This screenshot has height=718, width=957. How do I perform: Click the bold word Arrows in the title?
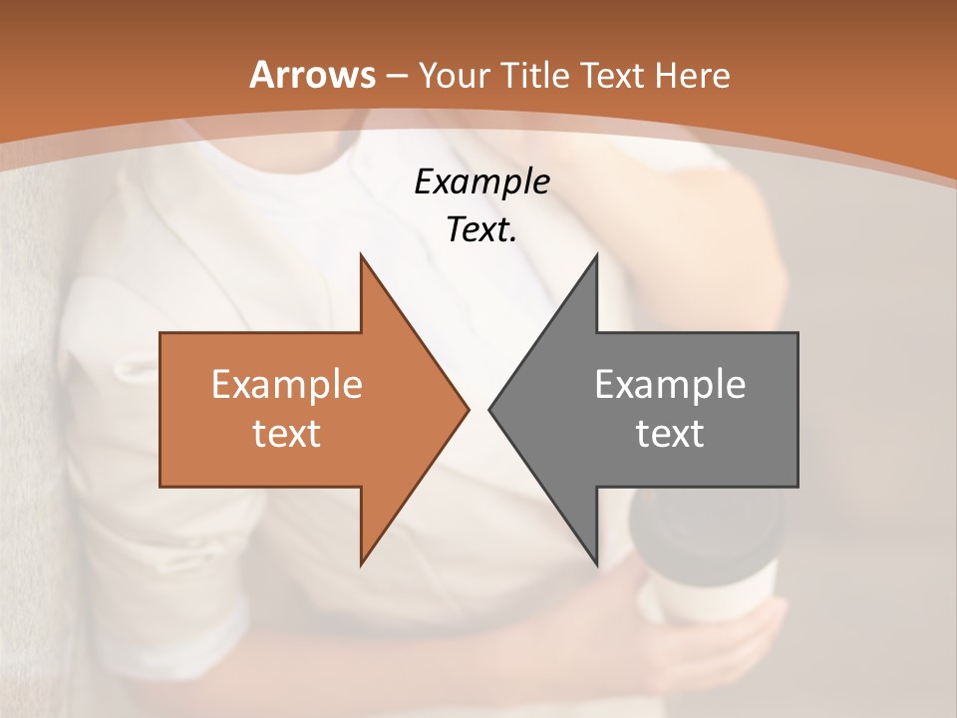tap(311, 76)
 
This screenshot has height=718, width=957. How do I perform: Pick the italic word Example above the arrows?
tap(481, 181)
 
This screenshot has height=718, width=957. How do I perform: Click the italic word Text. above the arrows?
tap(481, 230)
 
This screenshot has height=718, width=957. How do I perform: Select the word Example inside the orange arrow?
tap(286, 385)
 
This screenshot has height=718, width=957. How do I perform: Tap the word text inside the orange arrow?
tap(286, 434)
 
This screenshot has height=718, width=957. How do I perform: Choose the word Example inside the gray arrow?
tap(670, 385)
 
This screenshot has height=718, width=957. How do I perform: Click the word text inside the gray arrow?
tap(670, 434)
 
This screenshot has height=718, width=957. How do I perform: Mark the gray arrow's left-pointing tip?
tap(491, 409)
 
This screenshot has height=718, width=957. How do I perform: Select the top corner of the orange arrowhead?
tap(362, 257)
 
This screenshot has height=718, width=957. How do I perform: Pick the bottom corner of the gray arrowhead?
tap(596, 562)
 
